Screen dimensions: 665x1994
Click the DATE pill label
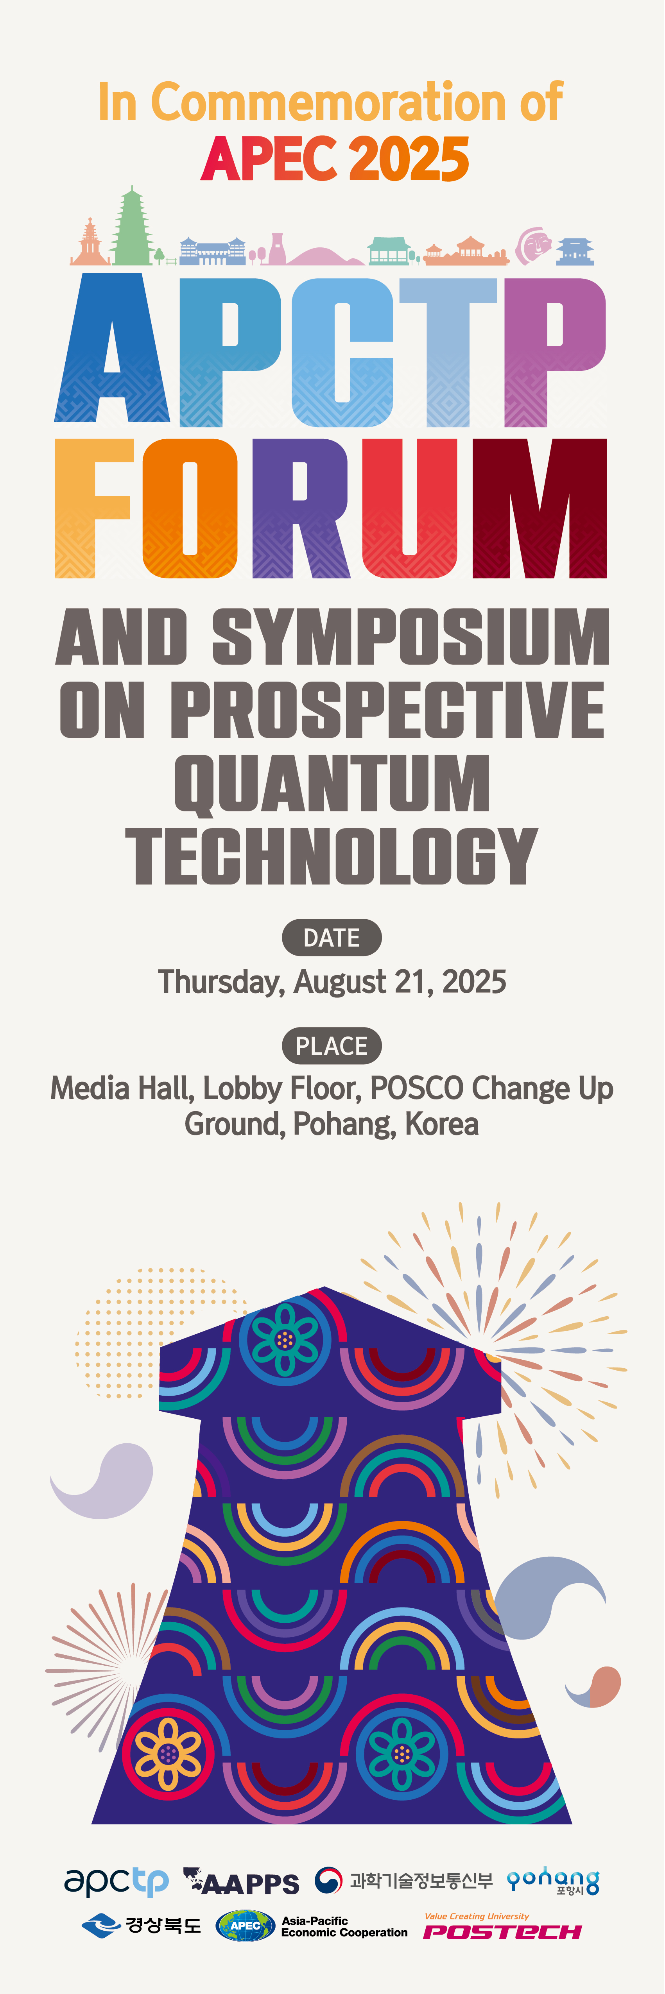tap(332, 937)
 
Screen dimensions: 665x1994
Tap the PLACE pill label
tap(332, 1046)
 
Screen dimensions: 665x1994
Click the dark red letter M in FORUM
tap(540, 508)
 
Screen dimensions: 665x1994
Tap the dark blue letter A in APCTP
tap(112, 348)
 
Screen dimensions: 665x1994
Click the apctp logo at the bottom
tap(116, 1882)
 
